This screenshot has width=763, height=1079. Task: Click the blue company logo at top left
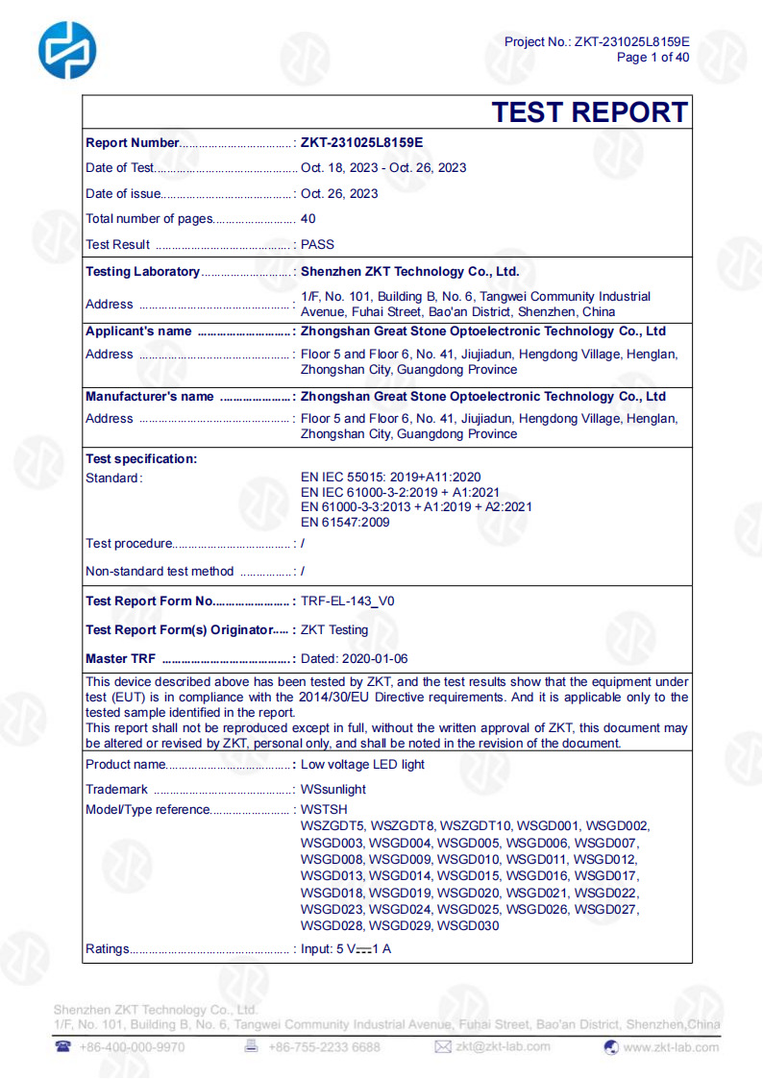pyautogui.click(x=67, y=49)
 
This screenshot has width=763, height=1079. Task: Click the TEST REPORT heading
pyautogui.click(x=589, y=112)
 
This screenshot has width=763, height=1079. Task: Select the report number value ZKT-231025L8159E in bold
pyautogui.click(x=361, y=142)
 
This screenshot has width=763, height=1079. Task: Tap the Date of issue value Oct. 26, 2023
pyautogui.click(x=339, y=193)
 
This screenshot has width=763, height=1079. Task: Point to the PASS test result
pyautogui.click(x=318, y=244)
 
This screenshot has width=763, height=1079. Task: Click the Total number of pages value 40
pyautogui.click(x=308, y=218)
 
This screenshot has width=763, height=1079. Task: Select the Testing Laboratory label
pyautogui.click(x=142, y=272)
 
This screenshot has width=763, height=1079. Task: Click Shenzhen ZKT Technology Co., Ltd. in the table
pyautogui.click(x=410, y=272)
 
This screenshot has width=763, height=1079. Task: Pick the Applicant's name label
pyautogui.click(x=138, y=331)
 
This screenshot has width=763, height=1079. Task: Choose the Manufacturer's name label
pyautogui.click(x=150, y=396)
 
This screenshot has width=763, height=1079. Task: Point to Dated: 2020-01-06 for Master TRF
pyautogui.click(x=355, y=658)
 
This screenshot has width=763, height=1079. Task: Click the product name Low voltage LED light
pyautogui.click(x=362, y=764)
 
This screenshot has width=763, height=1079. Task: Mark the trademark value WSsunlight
pyautogui.click(x=333, y=789)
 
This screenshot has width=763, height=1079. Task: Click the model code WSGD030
pyautogui.click(x=468, y=925)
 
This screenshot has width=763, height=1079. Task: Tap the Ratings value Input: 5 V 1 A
pyautogui.click(x=346, y=949)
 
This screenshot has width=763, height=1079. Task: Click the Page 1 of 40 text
pyautogui.click(x=652, y=57)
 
